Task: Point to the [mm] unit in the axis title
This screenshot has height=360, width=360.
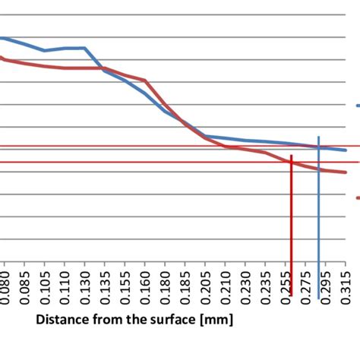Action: [216, 319]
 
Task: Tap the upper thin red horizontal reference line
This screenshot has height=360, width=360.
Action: [152, 147]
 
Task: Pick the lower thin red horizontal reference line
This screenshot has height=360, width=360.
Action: [152, 162]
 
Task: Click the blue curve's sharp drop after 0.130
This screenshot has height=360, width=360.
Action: [95, 59]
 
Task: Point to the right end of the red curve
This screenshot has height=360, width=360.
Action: [346, 172]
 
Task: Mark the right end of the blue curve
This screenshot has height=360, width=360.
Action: [346, 150]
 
